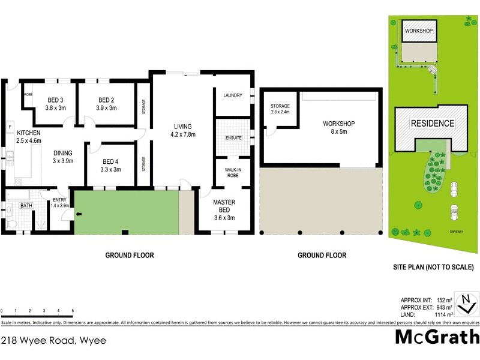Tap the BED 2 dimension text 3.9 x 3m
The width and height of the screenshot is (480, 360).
[x=106, y=108]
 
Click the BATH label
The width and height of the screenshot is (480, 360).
[x=26, y=206]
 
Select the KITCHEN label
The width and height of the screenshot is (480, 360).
[x=28, y=133]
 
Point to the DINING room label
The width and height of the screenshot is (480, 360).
[x=63, y=153]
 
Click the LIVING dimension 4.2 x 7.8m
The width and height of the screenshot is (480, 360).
[x=182, y=135]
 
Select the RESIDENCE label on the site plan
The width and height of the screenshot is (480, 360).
[x=432, y=124]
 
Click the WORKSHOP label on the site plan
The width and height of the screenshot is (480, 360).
[x=419, y=31]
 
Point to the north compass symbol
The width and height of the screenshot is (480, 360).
[x=464, y=303]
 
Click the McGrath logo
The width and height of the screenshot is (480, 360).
[x=437, y=337]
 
